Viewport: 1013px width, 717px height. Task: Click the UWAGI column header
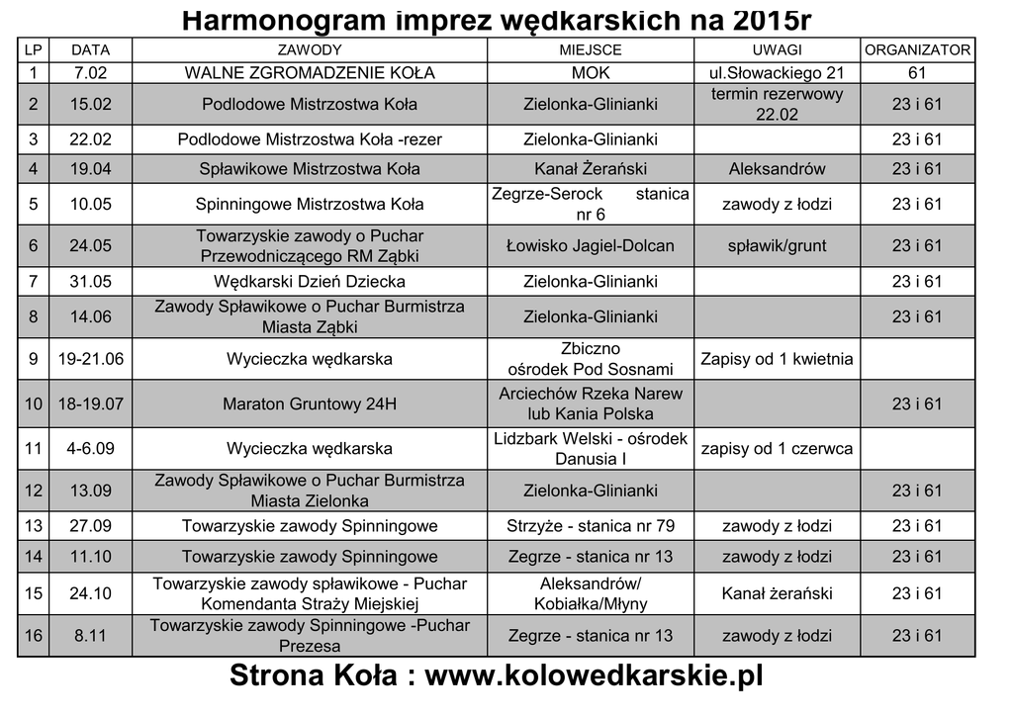tap(777, 49)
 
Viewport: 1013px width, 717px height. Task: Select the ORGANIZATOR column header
tap(917, 49)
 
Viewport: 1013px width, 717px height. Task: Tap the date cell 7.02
tap(90, 73)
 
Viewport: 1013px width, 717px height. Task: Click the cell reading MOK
tap(591, 73)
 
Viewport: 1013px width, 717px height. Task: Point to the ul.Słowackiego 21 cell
tap(777, 73)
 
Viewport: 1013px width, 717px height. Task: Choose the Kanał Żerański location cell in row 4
tap(591, 169)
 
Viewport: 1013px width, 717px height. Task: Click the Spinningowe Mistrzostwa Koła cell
tap(310, 205)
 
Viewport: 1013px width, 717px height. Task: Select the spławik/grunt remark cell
tap(777, 245)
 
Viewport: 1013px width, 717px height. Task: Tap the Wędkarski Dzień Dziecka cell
tap(310, 282)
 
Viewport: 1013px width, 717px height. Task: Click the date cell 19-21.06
tap(90, 359)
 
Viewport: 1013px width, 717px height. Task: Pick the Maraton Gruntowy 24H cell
tap(310, 403)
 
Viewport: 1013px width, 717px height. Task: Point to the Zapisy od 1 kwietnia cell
tap(777, 359)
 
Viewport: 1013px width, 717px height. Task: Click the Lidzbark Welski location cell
tap(591, 448)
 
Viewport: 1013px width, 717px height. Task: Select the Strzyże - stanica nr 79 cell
tap(591, 525)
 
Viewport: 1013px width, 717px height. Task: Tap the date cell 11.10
tap(90, 557)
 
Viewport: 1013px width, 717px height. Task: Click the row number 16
tap(34, 636)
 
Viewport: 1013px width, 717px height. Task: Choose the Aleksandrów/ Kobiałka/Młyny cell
tap(591, 593)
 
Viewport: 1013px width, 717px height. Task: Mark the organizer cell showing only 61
tap(917, 73)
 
